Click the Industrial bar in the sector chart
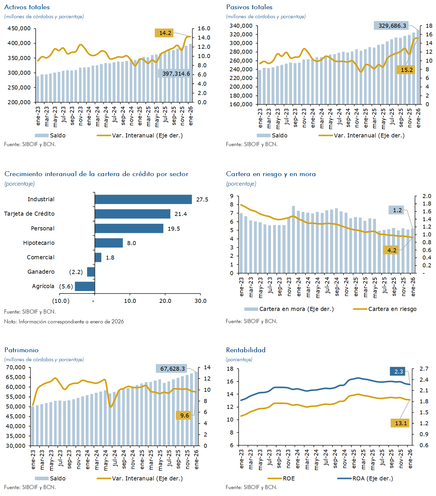pos(143,199)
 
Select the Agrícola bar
pos(85,286)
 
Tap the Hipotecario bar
pos(109,243)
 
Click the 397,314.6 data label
pos(176,74)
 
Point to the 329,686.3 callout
pos(392,26)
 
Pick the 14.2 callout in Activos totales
pos(165,33)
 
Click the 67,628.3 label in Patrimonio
pos(172,369)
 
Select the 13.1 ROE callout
pos(400,423)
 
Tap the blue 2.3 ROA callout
pos(398,372)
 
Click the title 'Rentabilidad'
pos(246,350)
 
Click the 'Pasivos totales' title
pos(249,7)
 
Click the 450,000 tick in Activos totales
pos(19,28)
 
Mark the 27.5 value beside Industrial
pos(202,199)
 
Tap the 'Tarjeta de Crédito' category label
pos(29,214)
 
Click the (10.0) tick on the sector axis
pos(61,301)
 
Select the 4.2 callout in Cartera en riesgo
pos(392,250)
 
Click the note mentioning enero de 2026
pos(64,321)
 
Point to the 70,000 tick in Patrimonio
pos(16,367)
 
